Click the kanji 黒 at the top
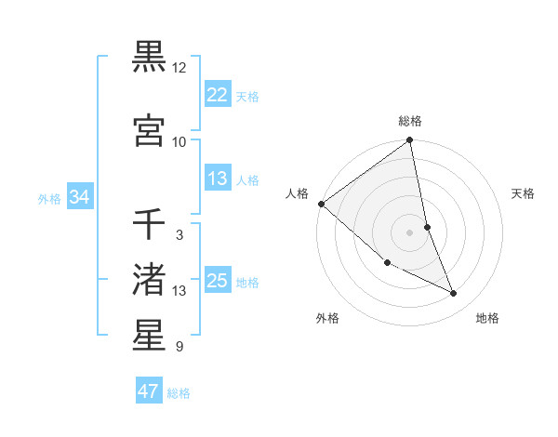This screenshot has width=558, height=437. tap(149, 56)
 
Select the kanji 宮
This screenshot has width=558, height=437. tap(149, 130)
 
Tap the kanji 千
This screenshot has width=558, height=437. tap(149, 225)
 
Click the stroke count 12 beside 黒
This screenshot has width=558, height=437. tap(179, 68)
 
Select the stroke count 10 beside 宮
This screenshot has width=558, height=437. tap(179, 142)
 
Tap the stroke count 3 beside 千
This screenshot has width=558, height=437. tap(179, 235)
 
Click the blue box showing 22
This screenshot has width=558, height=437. tap(217, 94)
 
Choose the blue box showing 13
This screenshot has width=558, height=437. tap(217, 179)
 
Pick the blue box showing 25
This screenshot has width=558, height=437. tap(217, 281)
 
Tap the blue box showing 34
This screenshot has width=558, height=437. tap(80, 197)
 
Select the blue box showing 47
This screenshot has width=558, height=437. tap(148, 391)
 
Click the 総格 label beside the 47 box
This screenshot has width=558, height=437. tap(179, 393)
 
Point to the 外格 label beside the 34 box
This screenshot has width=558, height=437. tap(49, 198)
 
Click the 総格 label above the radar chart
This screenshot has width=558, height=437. tap(410, 121)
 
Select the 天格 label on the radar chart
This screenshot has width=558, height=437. tap(524, 193)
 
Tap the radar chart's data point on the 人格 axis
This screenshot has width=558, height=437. tap(321, 204)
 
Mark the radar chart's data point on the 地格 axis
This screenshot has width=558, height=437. tap(454, 294)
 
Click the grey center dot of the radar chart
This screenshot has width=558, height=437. tap(410, 232)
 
